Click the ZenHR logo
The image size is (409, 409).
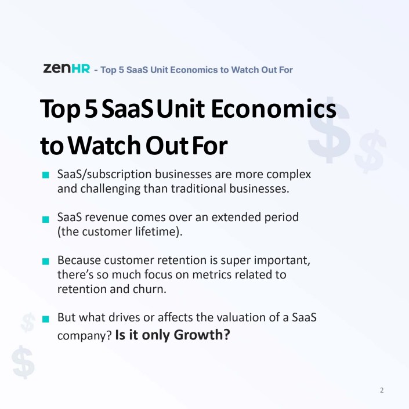coord(67,68)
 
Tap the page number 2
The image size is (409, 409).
coord(382,390)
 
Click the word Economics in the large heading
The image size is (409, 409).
coord(273,108)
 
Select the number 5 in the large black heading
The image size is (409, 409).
coord(91,108)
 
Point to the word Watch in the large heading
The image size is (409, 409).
coord(104,145)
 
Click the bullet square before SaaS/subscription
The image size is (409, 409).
coord(46,175)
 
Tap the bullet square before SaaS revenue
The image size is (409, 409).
coord(46,219)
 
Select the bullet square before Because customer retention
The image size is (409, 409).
coord(46,261)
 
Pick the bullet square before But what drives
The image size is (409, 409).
coord(46,318)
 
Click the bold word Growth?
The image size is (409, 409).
coord(202,335)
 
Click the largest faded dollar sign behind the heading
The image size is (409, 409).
coord(329,130)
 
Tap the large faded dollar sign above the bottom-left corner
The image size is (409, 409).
coord(23,362)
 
